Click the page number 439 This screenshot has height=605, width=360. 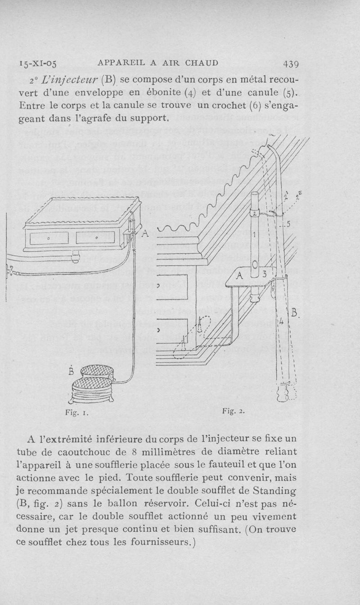288,63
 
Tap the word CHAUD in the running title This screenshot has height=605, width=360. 200,63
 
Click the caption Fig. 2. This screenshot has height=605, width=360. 233,411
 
